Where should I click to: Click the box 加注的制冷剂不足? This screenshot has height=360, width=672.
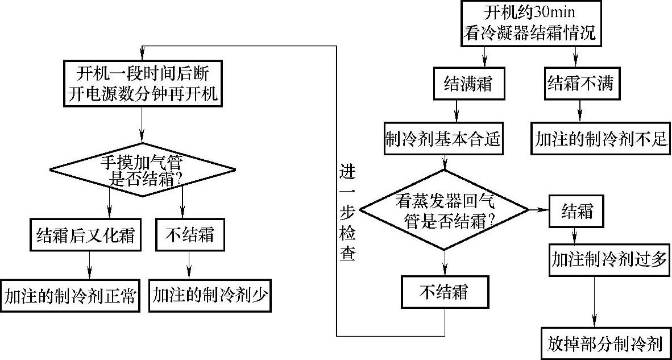coord(600,139)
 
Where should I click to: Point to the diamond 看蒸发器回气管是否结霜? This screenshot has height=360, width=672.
coord(445,210)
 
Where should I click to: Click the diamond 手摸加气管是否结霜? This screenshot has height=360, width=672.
coord(143,169)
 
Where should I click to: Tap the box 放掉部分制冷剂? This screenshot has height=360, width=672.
coord(605,343)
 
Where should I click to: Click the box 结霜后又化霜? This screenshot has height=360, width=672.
coord(85,234)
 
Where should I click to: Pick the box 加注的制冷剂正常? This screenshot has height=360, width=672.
coord(70,296)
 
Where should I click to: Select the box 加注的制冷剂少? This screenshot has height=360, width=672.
coord(210,296)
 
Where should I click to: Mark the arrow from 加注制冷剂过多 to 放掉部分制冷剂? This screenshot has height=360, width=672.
coord(595,301)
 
